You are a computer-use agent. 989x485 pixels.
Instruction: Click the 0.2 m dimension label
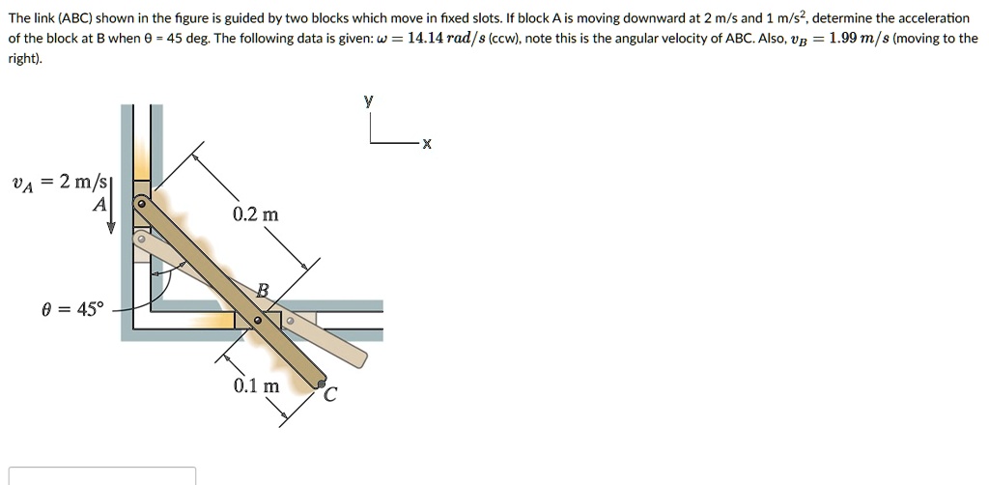tap(255, 214)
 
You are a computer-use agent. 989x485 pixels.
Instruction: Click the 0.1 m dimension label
tap(256, 386)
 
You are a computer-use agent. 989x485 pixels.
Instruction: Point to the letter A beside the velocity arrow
tap(99, 204)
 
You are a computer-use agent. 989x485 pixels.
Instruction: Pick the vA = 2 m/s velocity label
tap(61, 183)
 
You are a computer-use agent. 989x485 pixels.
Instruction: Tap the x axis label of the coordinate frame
tap(426, 144)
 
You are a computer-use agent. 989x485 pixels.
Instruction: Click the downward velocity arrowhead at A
tap(112, 228)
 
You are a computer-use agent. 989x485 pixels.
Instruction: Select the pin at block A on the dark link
tap(142, 205)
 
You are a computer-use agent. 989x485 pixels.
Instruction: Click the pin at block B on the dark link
tap(257, 321)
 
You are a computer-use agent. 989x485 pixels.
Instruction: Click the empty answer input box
tap(102, 476)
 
